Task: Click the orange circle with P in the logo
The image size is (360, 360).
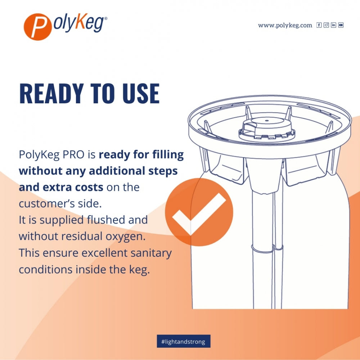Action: click(37, 26)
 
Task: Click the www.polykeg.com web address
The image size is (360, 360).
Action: click(285, 25)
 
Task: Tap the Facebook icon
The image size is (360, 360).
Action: click(319, 25)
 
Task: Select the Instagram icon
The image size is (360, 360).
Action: click(326, 25)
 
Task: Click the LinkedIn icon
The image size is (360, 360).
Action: click(333, 25)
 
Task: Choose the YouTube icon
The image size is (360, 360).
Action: click(341, 25)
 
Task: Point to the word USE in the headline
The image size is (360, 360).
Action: click(139, 93)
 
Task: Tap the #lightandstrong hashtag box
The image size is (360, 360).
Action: click(183, 341)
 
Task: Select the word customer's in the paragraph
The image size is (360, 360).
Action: click(46, 204)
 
